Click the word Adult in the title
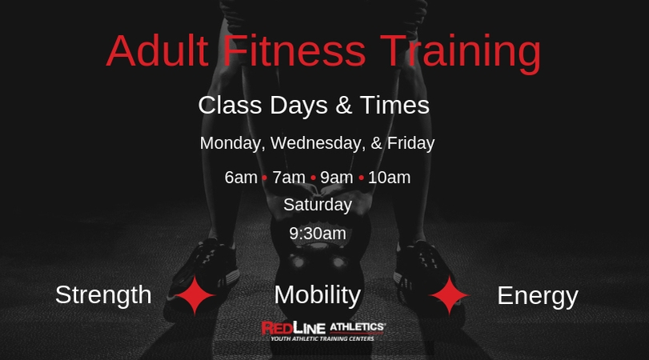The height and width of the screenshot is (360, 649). click(x=158, y=50)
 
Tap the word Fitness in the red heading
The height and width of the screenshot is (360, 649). click(x=294, y=50)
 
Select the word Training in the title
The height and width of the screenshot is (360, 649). click(x=460, y=54)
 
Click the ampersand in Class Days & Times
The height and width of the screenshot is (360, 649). click(x=343, y=105)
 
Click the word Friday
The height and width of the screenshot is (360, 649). click(x=411, y=143)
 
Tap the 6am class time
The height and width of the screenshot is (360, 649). click(x=241, y=178)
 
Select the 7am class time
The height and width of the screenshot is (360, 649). click(x=289, y=178)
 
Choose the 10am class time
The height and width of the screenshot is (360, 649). click(x=389, y=178)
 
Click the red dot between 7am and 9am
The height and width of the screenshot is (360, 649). click(x=313, y=178)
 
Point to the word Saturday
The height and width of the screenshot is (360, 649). click(x=318, y=205)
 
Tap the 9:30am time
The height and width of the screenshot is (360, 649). click(x=318, y=234)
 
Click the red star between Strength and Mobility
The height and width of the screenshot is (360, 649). click(x=195, y=295)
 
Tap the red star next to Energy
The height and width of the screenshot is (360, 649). click(x=450, y=295)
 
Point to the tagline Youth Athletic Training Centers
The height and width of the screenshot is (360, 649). click(x=322, y=338)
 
